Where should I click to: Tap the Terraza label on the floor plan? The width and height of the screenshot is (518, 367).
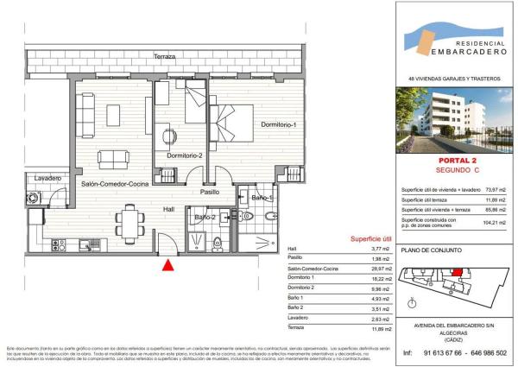tap(165, 56)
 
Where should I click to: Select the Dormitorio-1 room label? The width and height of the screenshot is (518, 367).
tap(280, 126)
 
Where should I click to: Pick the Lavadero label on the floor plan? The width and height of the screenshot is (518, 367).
tap(47, 178)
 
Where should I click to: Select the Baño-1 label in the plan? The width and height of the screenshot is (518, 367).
tap(262, 199)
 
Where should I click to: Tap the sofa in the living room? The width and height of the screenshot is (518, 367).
tap(114, 159)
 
